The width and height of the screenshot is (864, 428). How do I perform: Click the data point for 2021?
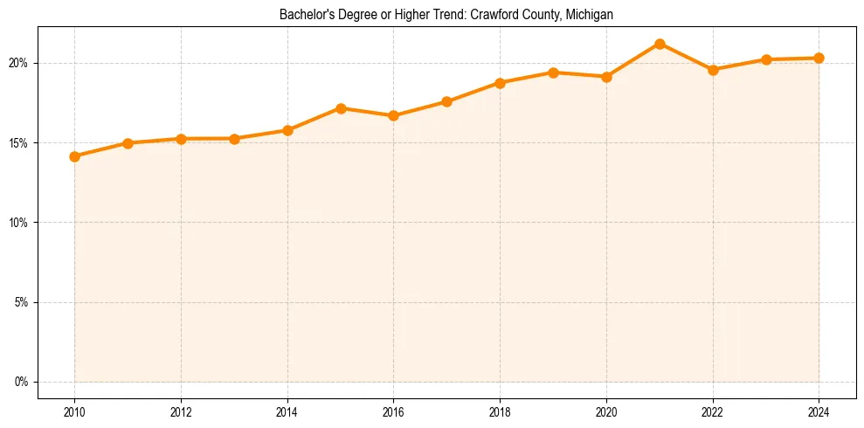click(x=660, y=44)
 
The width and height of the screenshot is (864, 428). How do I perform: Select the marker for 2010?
click(x=74, y=156)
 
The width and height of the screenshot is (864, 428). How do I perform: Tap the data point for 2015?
click(x=341, y=108)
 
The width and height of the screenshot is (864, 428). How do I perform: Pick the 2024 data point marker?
click(x=819, y=58)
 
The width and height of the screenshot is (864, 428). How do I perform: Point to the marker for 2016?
click(x=394, y=115)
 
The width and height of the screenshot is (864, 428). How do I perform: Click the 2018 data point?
click(x=500, y=83)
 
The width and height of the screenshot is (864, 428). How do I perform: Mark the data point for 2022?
click(x=713, y=70)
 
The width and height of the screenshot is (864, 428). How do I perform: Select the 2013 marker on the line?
click(x=234, y=139)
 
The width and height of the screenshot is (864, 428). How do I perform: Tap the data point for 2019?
click(x=553, y=72)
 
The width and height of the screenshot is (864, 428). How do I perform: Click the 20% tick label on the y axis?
click(x=20, y=63)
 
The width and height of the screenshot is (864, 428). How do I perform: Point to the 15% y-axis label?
click(x=20, y=143)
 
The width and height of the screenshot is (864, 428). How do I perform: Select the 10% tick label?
click(x=20, y=223)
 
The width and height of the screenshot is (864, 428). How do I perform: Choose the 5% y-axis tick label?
click(x=23, y=302)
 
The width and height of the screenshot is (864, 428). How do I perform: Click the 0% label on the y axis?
click(x=23, y=382)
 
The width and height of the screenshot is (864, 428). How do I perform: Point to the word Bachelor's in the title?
click(x=303, y=15)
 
